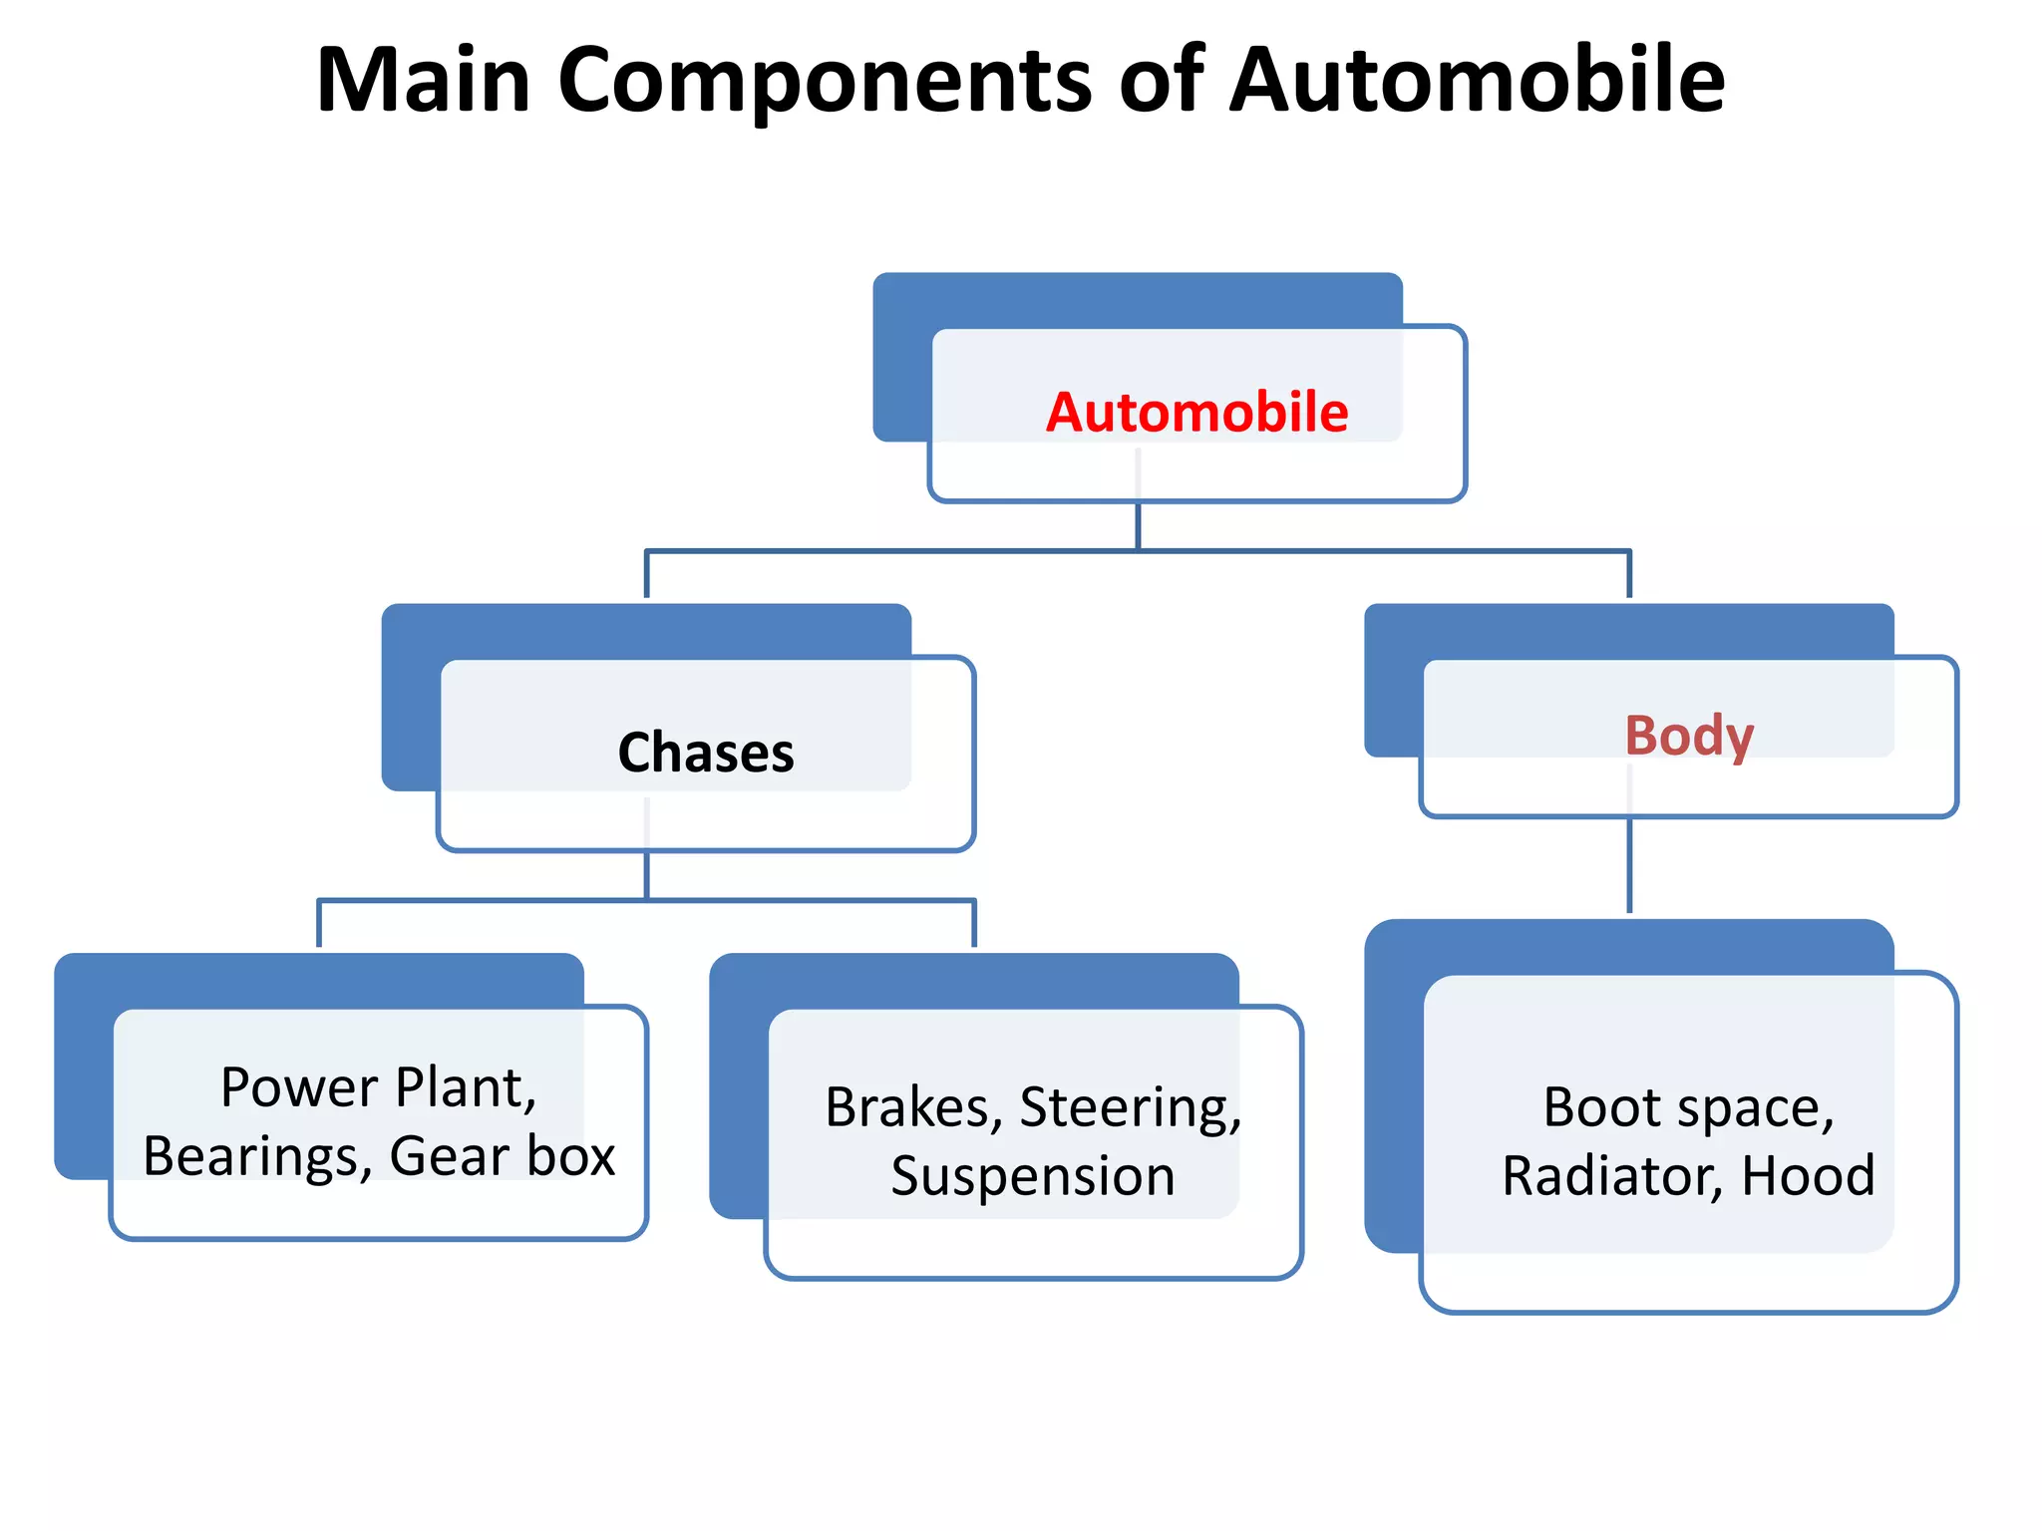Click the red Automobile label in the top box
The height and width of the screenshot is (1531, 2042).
1196,413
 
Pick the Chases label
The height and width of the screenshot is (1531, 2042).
706,753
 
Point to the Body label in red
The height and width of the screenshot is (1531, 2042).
1688,736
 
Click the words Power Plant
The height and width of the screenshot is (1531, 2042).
378,1087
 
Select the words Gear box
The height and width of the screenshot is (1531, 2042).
503,1157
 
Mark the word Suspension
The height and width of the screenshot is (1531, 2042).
1033,1177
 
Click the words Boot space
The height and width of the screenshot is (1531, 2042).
1688,1108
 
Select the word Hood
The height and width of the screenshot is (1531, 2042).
1808,1177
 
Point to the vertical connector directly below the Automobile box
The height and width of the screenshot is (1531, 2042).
1138,525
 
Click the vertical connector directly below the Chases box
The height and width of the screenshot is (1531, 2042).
646,875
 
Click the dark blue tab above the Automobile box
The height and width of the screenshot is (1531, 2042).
1137,298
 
